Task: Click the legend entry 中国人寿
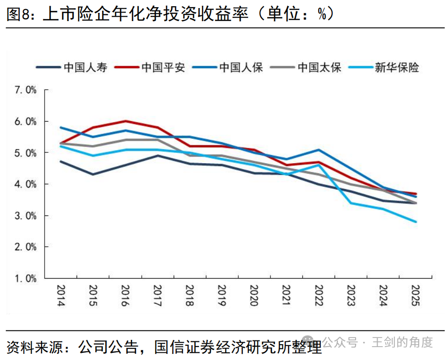(x=72, y=67)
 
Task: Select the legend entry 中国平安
(x=150, y=67)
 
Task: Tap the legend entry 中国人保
(x=227, y=67)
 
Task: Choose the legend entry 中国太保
(x=306, y=67)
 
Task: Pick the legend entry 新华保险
(x=384, y=67)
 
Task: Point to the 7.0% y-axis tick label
(x=26, y=90)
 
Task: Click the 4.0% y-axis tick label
(x=26, y=184)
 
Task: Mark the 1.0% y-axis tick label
(x=26, y=278)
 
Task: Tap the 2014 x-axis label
(x=61, y=295)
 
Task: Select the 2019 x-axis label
(x=222, y=295)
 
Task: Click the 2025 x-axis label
(x=415, y=295)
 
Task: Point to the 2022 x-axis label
(x=319, y=295)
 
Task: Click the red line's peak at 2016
(x=125, y=121)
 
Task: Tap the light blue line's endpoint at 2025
(x=415, y=222)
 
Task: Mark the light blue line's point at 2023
(x=351, y=203)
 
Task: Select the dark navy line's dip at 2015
(x=93, y=174)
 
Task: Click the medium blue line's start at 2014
(x=61, y=127)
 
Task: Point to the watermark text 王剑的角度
(x=402, y=342)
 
